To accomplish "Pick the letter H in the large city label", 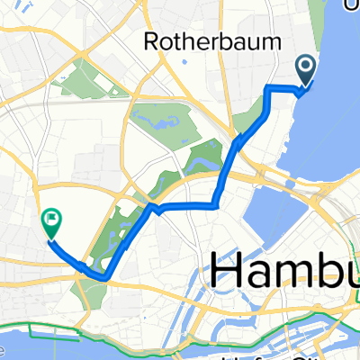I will pyautogui.click(x=230, y=272).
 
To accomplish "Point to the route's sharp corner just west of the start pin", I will pyautogui.click(x=268, y=86).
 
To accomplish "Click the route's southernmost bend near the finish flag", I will pyautogui.click(x=105, y=278).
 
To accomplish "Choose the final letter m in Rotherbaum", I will pyautogui.click(x=272, y=42).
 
